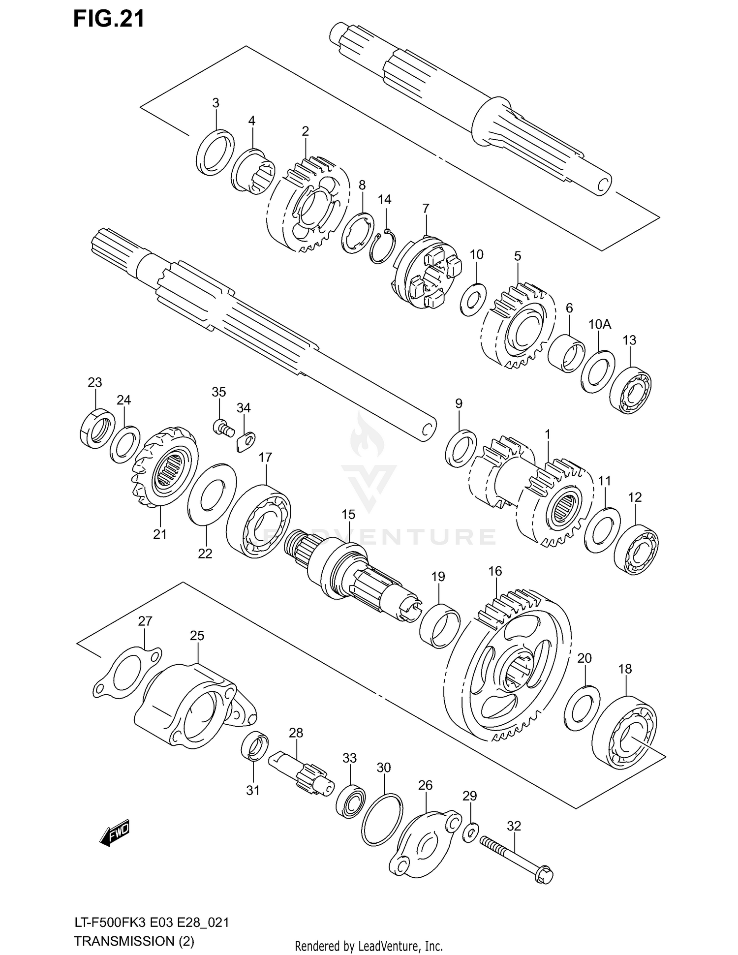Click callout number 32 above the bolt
coord(513,825)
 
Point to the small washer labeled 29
coord(470,832)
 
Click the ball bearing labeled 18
coord(625,732)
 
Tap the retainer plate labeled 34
coord(246,440)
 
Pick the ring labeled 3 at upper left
coord(215,153)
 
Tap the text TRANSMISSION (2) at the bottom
coord(134,942)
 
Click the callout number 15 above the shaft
coord(348,515)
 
